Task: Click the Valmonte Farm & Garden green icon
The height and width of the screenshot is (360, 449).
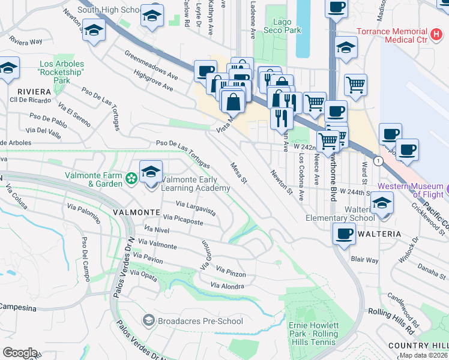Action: tap(131, 178)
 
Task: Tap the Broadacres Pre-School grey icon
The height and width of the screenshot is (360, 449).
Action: tap(148, 320)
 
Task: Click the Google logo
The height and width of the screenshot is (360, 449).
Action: tap(20, 353)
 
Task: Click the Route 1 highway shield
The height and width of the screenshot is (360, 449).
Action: tap(378, 161)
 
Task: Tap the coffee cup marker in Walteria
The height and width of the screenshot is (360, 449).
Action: tap(344, 233)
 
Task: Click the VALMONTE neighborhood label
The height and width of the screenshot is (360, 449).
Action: tap(136, 213)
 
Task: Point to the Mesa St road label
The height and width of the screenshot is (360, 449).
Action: tap(238, 172)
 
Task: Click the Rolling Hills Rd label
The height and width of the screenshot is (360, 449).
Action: tap(391, 314)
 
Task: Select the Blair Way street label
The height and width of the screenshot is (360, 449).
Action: tap(364, 260)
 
